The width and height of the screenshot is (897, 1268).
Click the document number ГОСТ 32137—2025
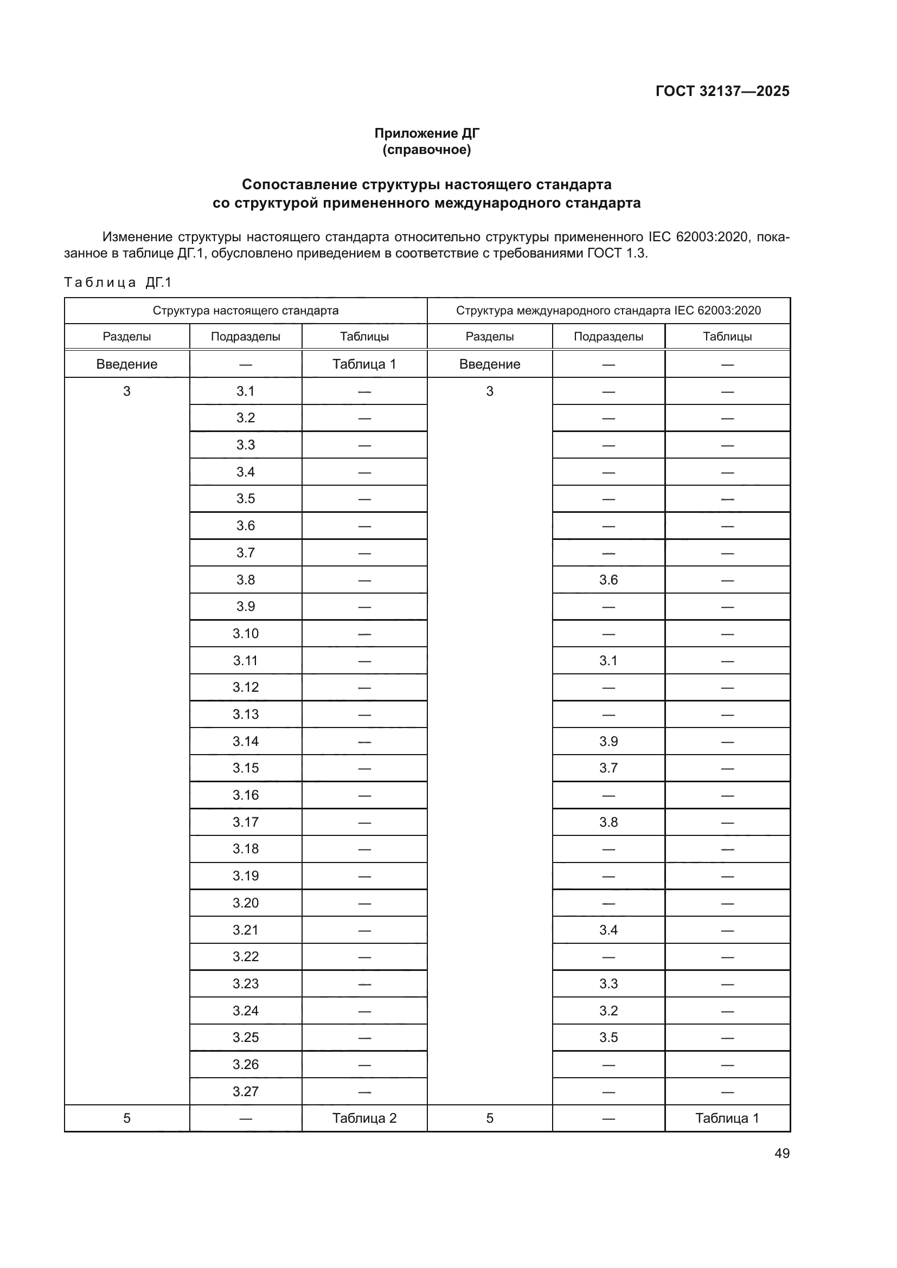[x=722, y=91]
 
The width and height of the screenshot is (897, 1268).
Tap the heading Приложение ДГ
[x=426, y=133]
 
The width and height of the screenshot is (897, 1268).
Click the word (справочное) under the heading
[x=426, y=150]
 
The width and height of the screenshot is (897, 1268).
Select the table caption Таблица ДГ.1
[x=118, y=282]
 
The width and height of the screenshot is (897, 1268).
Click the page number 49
[x=781, y=1153]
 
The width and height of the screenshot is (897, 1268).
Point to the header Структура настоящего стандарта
[x=245, y=311]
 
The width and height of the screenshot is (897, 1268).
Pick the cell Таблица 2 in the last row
[x=364, y=1118]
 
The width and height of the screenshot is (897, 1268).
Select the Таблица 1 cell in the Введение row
[x=364, y=364]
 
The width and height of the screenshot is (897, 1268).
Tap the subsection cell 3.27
[x=245, y=1091]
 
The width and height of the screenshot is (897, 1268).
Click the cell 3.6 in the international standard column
[x=608, y=580]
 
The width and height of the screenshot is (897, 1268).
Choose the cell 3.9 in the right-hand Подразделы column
[x=608, y=741]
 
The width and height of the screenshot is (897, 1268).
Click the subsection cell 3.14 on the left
[x=245, y=741]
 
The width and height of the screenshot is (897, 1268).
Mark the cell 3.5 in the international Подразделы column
[x=608, y=1037]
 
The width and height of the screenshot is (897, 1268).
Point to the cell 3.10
[x=245, y=633]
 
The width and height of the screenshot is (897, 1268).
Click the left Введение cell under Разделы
[x=126, y=364]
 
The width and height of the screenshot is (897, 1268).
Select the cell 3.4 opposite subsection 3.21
[x=608, y=930]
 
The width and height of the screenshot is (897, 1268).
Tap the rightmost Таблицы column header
[x=727, y=336]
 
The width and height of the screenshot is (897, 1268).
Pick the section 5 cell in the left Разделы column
[x=126, y=1118]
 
